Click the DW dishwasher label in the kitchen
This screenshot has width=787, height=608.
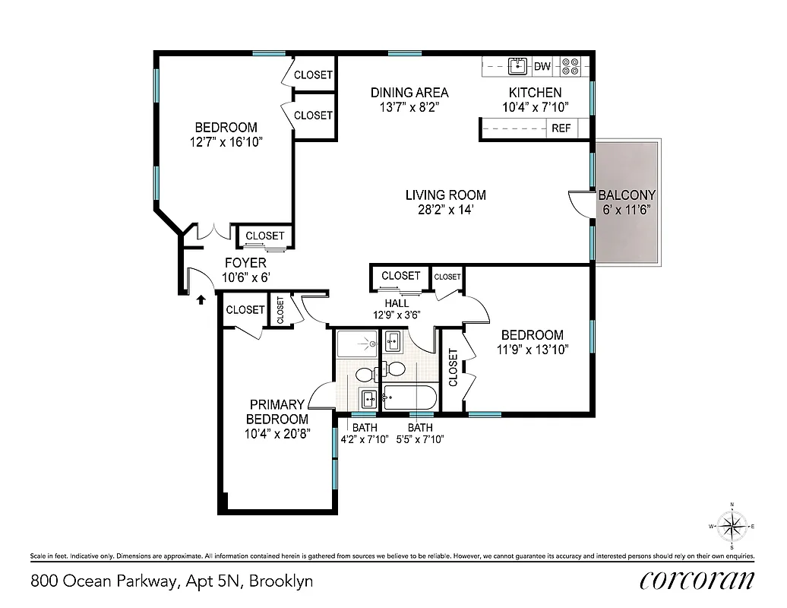tap(542, 67)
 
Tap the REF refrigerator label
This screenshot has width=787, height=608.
tap(561, 128)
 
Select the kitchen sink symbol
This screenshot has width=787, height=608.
tap(518, 66)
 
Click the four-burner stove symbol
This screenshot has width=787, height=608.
tap(570, 67)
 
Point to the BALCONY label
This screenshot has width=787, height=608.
tap(626, 195)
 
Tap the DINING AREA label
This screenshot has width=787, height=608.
tap(409, 93)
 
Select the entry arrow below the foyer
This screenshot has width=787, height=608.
tap(201, 300)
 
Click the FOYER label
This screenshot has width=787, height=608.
tap(245, 264)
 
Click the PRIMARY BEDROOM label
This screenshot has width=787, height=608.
tap(277, 412)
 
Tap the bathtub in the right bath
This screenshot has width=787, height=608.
tap(409, 395)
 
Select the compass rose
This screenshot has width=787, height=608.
tap(732, 526)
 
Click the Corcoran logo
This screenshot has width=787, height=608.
tap(697, 581)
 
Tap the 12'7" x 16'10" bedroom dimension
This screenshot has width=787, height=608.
tap(226, 141)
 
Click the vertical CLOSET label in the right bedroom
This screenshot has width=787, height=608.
tap(453, 367)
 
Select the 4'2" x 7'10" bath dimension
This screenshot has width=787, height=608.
tap(365, 439)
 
